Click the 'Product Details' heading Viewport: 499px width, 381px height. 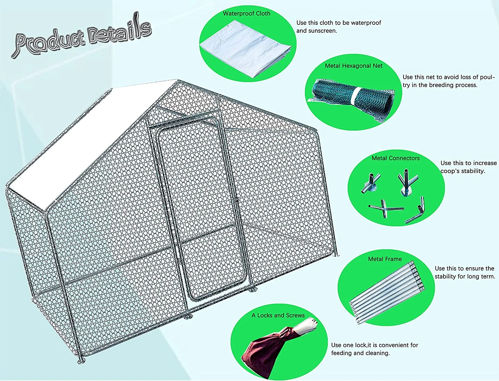coord(82,36)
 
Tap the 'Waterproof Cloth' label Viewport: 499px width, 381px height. coord(247,14)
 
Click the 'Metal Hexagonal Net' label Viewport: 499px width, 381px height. coord(354,66)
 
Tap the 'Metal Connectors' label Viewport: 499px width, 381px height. coord(396,158)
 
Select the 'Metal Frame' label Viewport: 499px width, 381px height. coord(385,259)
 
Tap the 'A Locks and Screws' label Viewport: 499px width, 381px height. coord(278,315)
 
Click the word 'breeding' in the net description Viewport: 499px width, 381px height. coord(443,85)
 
